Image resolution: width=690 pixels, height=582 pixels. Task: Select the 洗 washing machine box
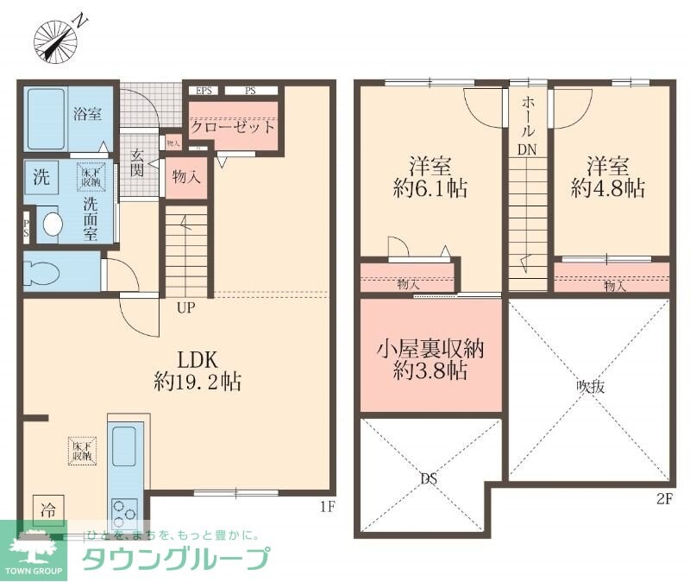(41, 179)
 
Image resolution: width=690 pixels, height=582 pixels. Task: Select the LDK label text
(197, 359)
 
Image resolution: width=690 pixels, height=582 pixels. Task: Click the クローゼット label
(233, 127)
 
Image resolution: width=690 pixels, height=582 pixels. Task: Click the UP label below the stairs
(185, 307)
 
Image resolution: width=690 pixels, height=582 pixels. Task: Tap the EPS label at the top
(205, 90)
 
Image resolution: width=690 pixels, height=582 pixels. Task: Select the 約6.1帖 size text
(430, 188)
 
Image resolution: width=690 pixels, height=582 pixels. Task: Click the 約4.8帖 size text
(608, 188)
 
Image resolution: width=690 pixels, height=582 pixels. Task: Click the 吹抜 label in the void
(590, 388)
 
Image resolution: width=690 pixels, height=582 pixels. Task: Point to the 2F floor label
(662, 499)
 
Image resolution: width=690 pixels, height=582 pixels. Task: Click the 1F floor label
(324, 506)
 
